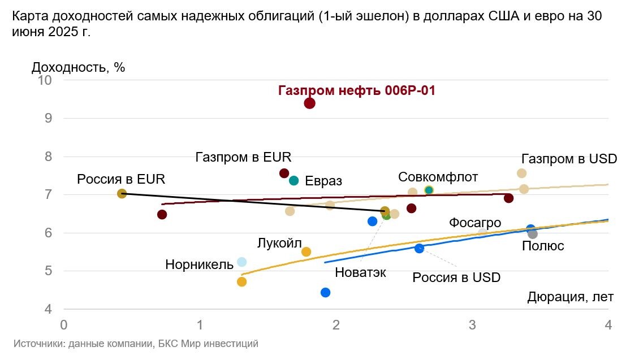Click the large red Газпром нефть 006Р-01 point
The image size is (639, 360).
(x=309, y=103)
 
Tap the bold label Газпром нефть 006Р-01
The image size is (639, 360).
(x=357, y=90)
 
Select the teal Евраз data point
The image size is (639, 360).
(x=293, y=181)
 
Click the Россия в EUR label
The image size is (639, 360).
(x=121, y=179)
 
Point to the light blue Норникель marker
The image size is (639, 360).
(x=241, y=262)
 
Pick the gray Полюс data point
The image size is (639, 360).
(x=532, y=234)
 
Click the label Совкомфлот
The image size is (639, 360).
(x=438, y=176)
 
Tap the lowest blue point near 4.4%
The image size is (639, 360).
(x=325, y=292)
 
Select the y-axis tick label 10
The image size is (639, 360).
(x=45, y=80)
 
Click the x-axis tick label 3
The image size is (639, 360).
(x=472, y=326)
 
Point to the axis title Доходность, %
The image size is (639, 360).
(x=78, y=67)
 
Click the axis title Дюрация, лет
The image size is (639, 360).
(x=570, y=297)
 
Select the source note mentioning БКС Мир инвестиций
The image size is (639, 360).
(x=136, y=344)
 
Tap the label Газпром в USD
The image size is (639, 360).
(x=569, y=158)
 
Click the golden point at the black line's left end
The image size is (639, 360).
(x=122, y=193)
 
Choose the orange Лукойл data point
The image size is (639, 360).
(x=306, y=251)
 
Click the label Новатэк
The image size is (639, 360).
(x=360, y=272)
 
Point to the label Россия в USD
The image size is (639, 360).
(x=456, y=277)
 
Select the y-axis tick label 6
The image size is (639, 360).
(x=48, y=233)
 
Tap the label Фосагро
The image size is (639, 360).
(x=475, y=223)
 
